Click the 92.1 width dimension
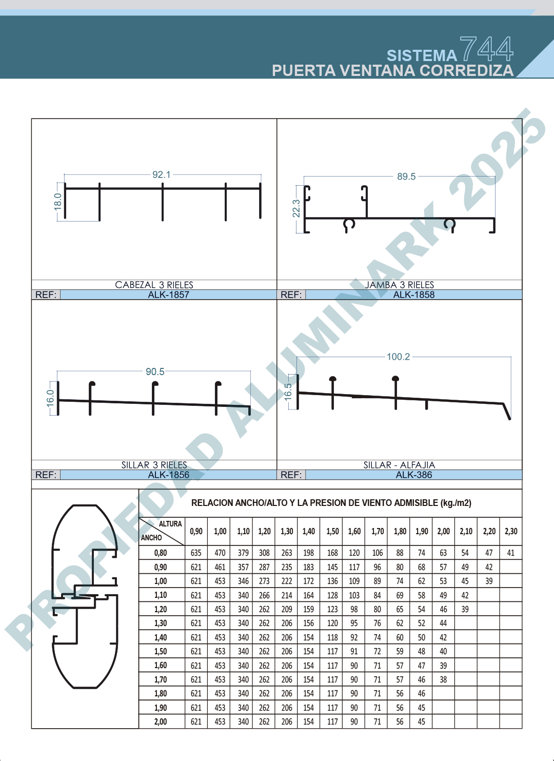coord(162,174)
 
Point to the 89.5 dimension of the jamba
coord(406,177)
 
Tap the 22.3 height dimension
coord(296,208)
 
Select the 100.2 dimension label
coord(399,357)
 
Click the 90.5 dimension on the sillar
coord(155,372)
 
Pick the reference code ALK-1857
coord(168,295)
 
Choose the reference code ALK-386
coord(414,475)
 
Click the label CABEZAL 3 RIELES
coord(154,285)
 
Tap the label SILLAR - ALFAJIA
coord(399,465)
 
